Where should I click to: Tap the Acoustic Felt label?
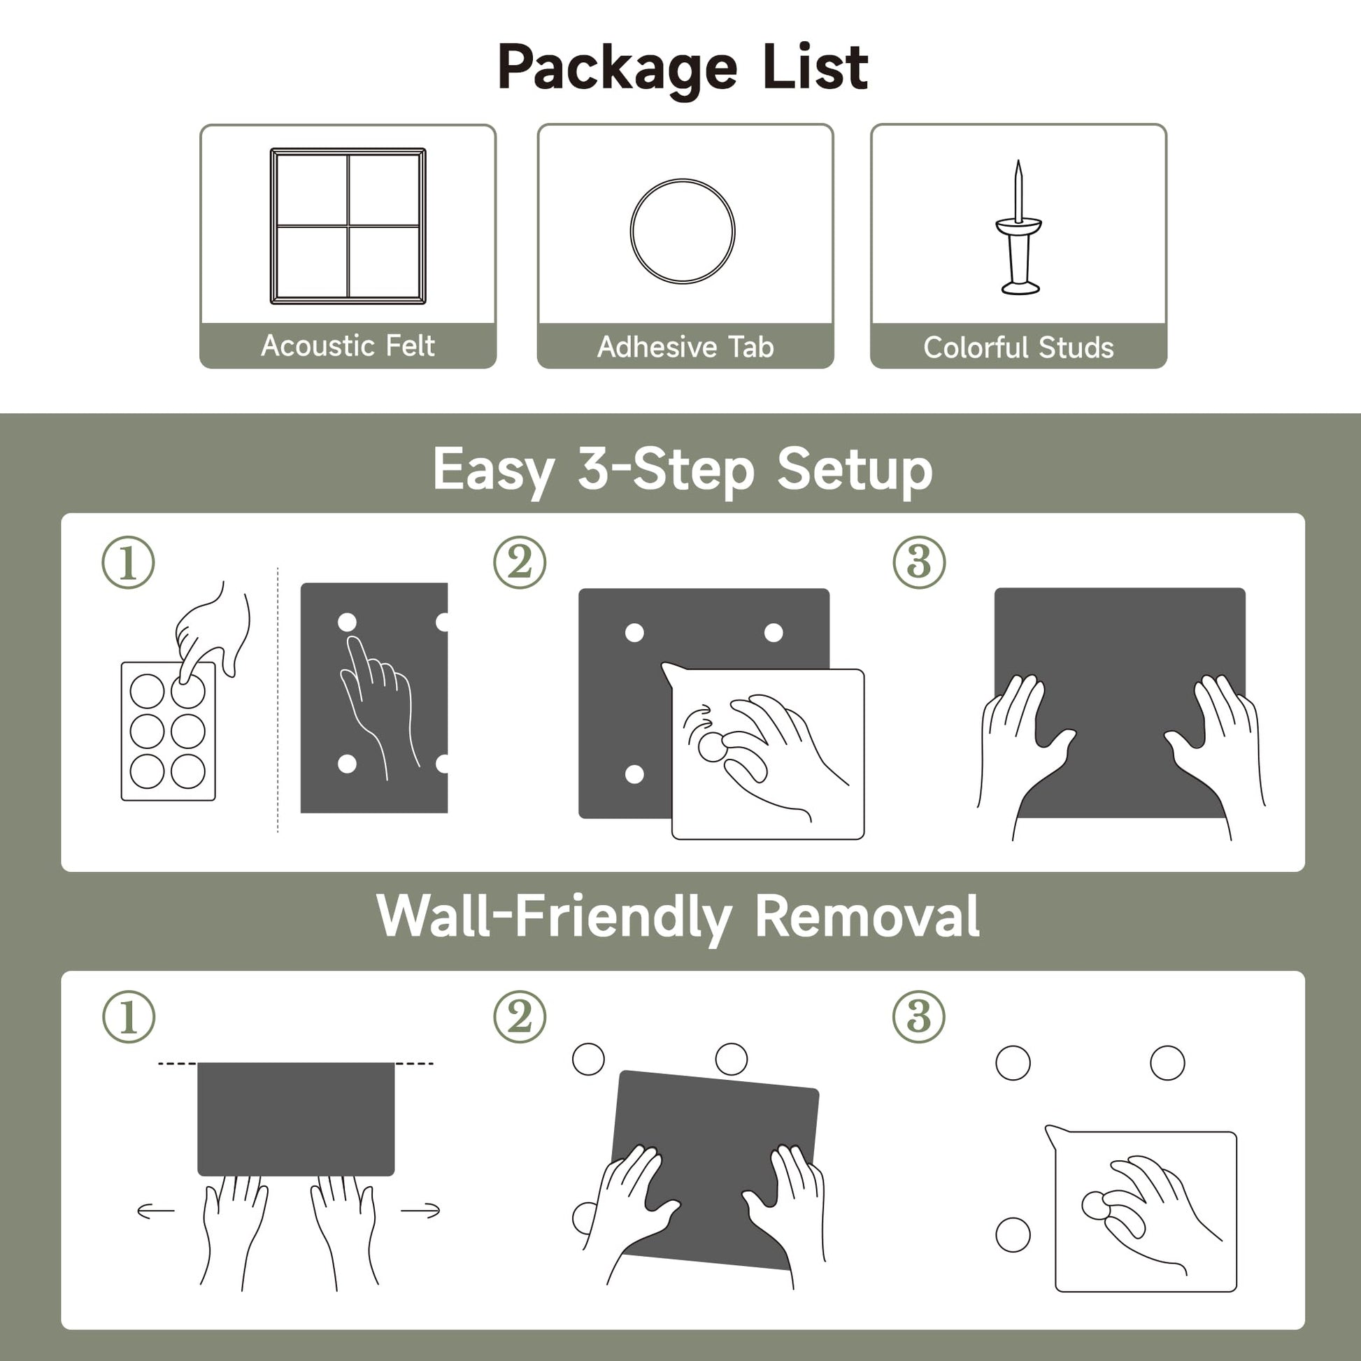tap(348, 346)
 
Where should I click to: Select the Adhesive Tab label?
tap(685, 347)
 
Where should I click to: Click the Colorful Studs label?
tap(1018, 348)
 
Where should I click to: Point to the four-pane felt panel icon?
tap(348, 226)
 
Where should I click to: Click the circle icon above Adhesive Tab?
tap(683, 180)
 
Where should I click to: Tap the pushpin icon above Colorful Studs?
tap(1018, 227)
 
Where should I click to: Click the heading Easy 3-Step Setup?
tap(683, 471)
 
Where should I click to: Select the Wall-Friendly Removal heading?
tap(678, 916)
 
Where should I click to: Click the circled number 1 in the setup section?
tap(128, 563)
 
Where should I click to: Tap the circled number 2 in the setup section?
tap(520, 563)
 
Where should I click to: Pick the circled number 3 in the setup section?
tap(919, 563)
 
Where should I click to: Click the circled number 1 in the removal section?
tap(128, 1017)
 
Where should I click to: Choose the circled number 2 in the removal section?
tap(520, 1017)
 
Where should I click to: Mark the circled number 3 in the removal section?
tap(919, 1017)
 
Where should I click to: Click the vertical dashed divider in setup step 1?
tap(278, 699)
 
